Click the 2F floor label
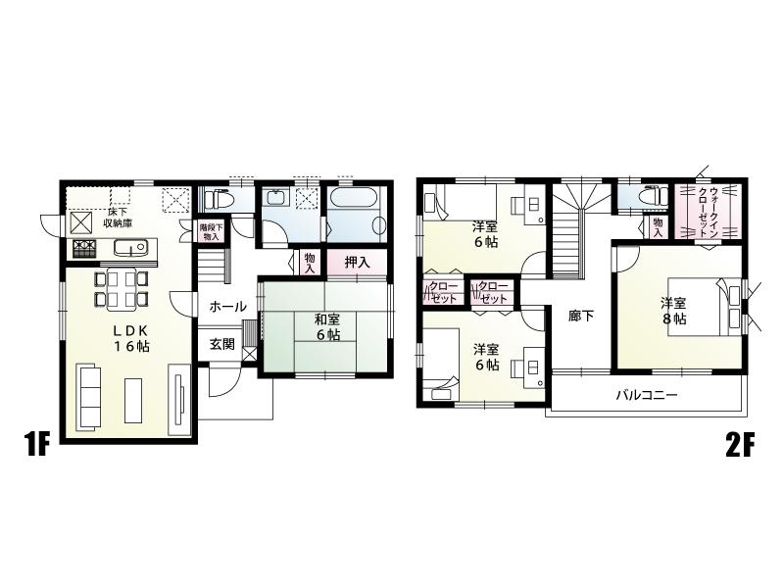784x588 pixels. pos(740,447)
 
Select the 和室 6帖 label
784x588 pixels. pos(327,326)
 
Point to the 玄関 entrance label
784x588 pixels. pos(221,344)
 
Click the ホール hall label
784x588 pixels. pos(227,307)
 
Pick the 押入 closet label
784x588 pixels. pos(357,262)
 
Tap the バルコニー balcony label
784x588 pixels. pos(647,397)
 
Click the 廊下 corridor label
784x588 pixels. pos(581,316)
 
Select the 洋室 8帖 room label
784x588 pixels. pos(672,311)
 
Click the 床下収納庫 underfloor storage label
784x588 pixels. pos(120,217)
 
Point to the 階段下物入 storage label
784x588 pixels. pos(212,232)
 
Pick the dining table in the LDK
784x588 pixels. pos(122,288)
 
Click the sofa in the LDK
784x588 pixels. pos(86,395)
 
